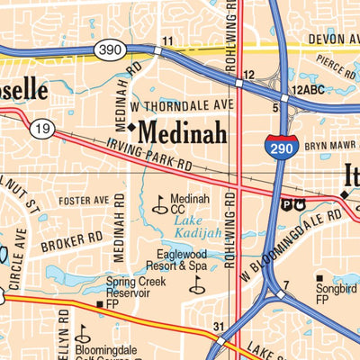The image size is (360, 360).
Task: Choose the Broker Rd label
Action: point(72,239)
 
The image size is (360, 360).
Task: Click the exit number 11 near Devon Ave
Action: point(167,41)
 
